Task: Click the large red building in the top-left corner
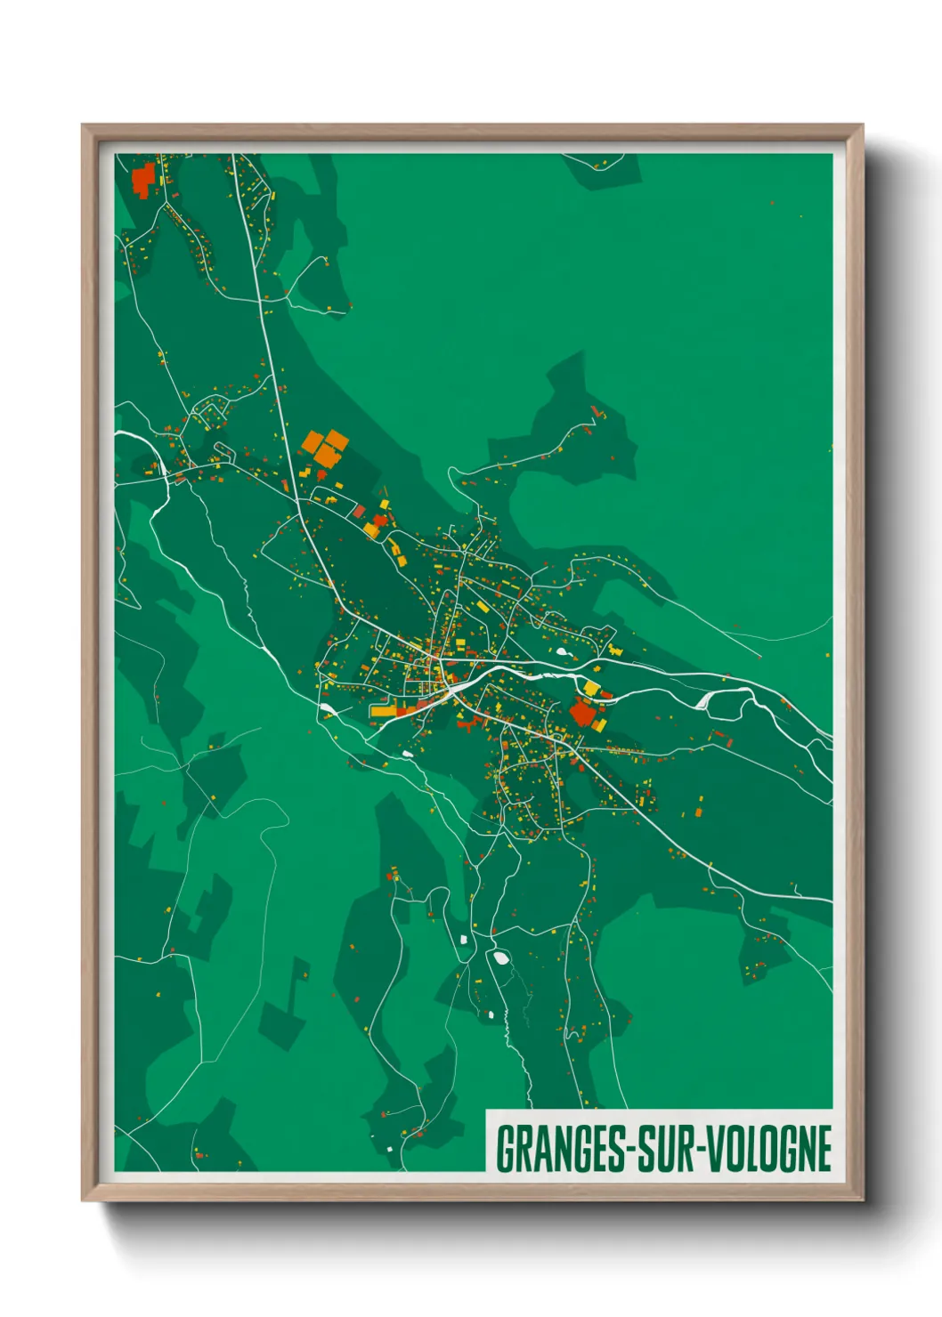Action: coord(142,179)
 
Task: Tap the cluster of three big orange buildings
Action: coord(324,448)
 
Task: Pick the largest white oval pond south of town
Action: coord(499,958)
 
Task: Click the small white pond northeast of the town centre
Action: coord(562,652)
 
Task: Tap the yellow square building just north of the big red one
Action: coord(591,688)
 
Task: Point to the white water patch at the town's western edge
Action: coord(328,708)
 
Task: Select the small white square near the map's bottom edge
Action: coord(389,1149)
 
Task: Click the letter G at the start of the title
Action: coord(504,1149)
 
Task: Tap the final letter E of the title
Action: coord(823,1149)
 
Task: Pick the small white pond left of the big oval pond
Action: coord(464,939)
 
